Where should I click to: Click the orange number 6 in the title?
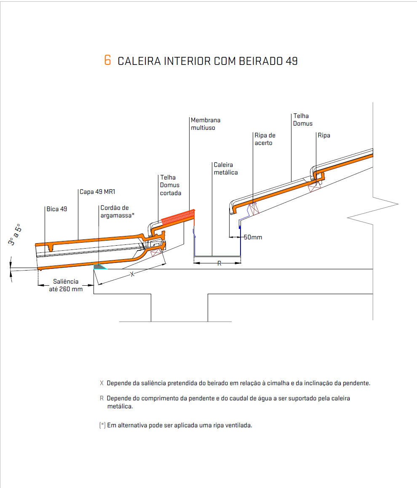[107, 60]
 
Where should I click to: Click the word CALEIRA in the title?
[139, 61]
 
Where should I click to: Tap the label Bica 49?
[56, 209]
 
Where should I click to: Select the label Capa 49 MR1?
[97, 192]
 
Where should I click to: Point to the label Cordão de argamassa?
[117, 212]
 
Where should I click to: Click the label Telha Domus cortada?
[171, 185]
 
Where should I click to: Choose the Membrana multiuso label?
[206, 124]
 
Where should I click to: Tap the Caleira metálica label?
[226, 169]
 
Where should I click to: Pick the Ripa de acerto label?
[265, 139]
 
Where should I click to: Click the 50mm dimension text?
[253, 237]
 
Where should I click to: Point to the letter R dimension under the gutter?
[219, 263]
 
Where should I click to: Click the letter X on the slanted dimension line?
[132, 274]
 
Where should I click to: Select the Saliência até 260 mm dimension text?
[66, 285]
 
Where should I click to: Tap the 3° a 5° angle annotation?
[15, 234]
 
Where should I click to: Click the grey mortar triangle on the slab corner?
[99, 267]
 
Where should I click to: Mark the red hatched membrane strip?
[178, 217]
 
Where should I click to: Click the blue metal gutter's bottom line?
[217, 256]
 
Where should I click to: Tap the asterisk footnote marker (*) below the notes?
[102, 425]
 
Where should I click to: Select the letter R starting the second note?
[102, 398]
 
